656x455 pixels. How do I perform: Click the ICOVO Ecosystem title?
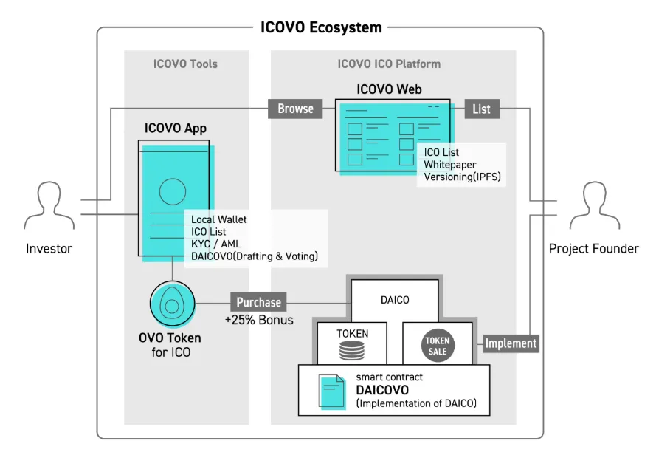point(321,27)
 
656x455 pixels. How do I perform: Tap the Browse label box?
point(295,109)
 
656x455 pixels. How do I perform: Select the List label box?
point(482,109)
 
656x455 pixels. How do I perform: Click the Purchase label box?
point(258,302)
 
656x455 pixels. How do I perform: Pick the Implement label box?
point(511,343)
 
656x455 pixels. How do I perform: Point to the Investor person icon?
point(49,205)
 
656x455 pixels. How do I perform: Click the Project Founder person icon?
point(595,205)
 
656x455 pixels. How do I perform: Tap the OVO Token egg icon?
point(173,304)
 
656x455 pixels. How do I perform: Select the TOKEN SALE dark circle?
point(438,346)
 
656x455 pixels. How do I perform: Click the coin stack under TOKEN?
point(352,350)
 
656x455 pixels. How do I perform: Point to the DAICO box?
point(395,301)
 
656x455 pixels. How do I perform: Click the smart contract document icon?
point(332,391)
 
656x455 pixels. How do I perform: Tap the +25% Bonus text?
point(259,320)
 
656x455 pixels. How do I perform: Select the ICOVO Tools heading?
point(185,64)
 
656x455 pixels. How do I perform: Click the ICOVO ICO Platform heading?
point(389,64)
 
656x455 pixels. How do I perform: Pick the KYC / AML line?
point(216,244)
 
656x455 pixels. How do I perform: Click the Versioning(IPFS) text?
point(462,177)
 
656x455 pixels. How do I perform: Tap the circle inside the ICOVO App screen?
point(173,191)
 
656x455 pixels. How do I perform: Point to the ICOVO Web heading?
point(389,89)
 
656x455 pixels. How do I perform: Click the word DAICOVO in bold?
point(382,390)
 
